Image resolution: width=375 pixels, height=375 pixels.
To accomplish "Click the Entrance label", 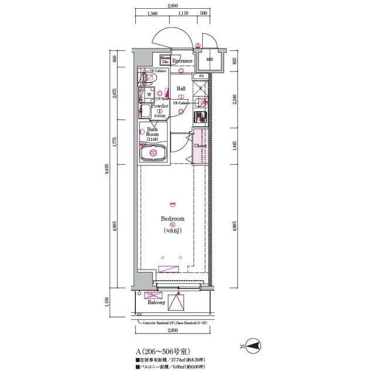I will [x=182, y=61].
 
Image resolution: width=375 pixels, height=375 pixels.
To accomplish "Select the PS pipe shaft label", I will [x=201, y=76].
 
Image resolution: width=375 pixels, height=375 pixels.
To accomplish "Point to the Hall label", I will [x=182, y=88].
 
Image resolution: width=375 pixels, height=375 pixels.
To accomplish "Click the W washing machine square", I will [x=149, y=94].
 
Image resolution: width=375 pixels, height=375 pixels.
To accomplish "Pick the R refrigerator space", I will [x=201, y=89].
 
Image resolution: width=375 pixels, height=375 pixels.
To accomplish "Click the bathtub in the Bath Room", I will [x=154, y=155].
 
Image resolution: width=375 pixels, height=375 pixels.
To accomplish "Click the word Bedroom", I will [x=172, y=219].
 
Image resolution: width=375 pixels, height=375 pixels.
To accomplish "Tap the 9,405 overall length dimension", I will [x=107, y=169].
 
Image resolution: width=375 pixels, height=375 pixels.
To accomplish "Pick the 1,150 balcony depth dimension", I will [x=107, y=302].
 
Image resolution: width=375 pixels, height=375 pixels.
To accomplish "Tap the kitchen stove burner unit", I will [x=200, y=117].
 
